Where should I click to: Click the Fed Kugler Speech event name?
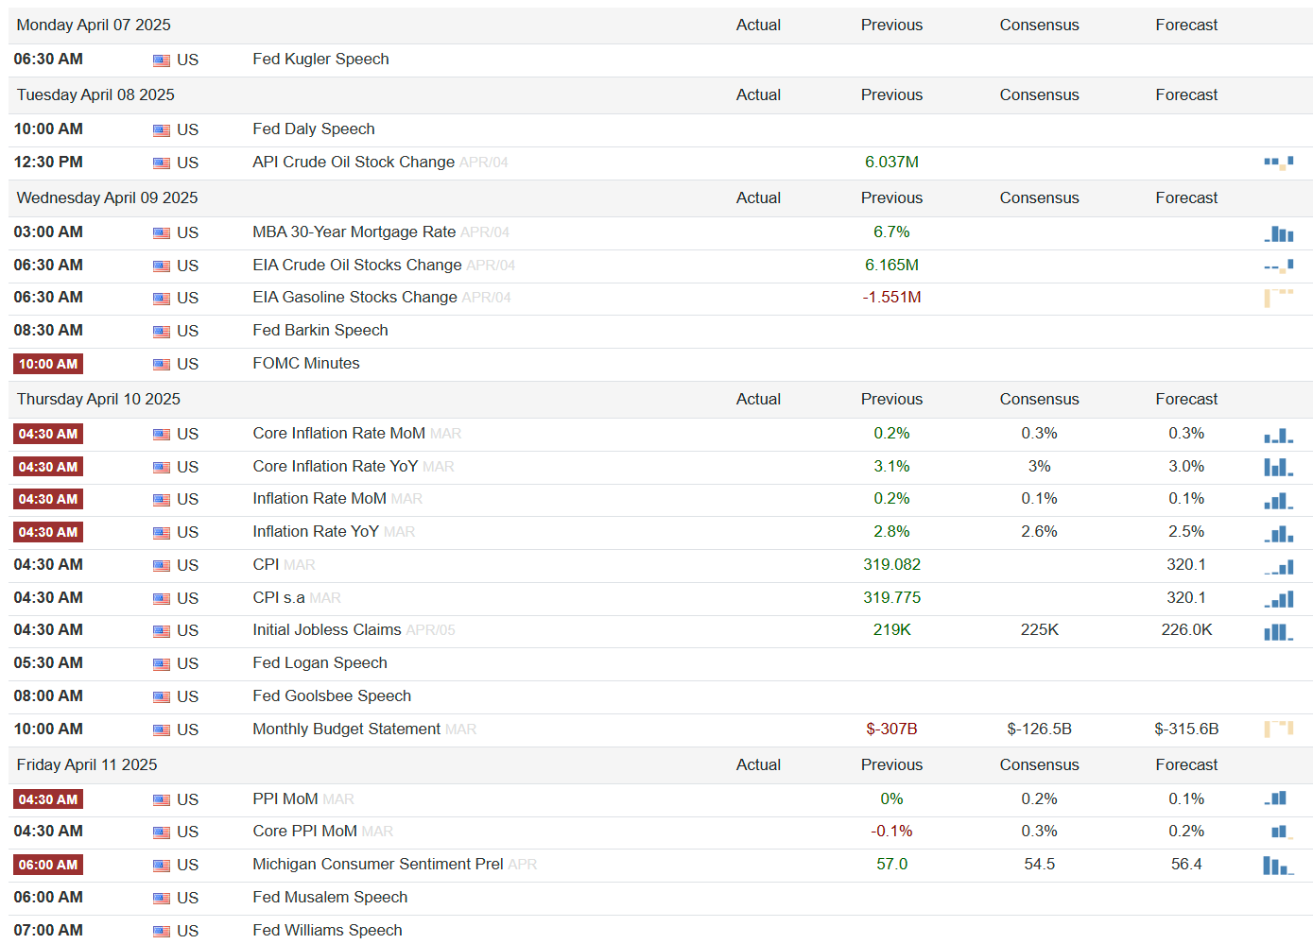(x=320, y=60)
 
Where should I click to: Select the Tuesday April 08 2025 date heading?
(x=95, y=94)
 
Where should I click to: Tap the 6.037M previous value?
(x=891, y=163)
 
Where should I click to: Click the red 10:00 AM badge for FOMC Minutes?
(x=48, y=364)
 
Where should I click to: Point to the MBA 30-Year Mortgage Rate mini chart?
(x=1279, y=233)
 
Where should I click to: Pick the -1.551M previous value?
(x=891, y=298)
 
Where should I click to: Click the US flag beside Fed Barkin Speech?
(x=162, y=332)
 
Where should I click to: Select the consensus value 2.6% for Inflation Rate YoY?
(x=1039, y=531)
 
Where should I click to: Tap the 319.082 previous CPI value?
(x=891, y=565)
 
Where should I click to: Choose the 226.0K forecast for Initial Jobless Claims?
(x=1186, y=630)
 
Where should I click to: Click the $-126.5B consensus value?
(x=1039, y=729)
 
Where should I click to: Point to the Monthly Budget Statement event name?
(x=346, y=729)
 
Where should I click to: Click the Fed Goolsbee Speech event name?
(x=332, y=696)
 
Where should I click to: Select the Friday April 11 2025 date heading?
(x=87, y=764)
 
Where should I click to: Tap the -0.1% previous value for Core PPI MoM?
(x=891, y=832)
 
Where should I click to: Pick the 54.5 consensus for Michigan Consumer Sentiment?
(x=1039, y=865)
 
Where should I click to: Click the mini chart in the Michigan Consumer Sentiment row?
(x=1278, y=866)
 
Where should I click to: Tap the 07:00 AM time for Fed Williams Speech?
(x=48, y=931)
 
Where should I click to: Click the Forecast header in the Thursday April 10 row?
(x=1186, y=399)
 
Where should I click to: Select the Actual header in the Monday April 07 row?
(x=758, y=26)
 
